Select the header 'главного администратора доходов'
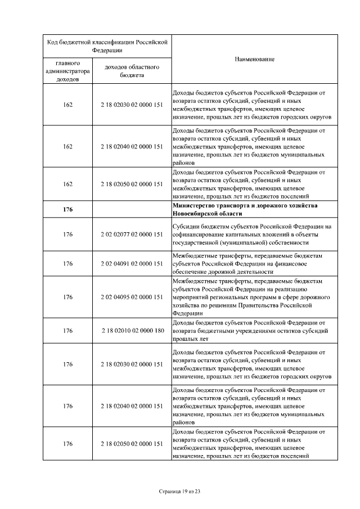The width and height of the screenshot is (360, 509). click(x=67, y=71)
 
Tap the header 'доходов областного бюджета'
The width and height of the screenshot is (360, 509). click(x=132, y=71)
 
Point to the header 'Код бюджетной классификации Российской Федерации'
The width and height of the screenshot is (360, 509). click(x=107, y=45)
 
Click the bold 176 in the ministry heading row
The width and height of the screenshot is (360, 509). click(x=67, y=210)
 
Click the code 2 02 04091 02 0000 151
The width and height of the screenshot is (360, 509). click(x=132, y=263)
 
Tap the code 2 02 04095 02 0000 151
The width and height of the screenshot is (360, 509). click(x=132, y=296)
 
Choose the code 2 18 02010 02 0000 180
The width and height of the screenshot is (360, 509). click(x=132, y=331)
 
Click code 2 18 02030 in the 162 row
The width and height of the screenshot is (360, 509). click(x=132, y=105)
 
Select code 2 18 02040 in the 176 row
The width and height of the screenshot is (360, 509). click(x=132, y=406)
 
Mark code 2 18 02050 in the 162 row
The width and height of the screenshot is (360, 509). click(x=132, y=184)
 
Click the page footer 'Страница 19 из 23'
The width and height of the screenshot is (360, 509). click(x=179, y=491)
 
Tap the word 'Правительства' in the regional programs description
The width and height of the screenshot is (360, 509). click(x=262, y=305)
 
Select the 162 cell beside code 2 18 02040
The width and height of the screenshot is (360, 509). click(x=67, y=147)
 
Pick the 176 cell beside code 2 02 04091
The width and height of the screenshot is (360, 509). click(x=67, y=263)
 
